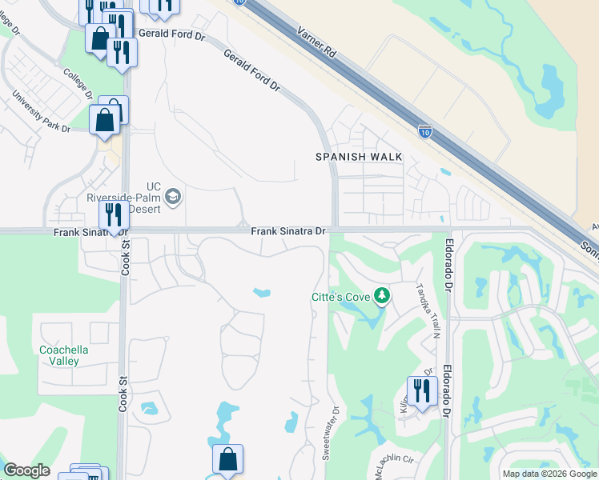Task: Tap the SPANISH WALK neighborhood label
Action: (x=358, y=157)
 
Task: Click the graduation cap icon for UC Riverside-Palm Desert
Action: (x=172, y=196)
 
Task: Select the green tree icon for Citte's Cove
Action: (x=382, y=297)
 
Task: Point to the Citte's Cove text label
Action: (x=340, y=298)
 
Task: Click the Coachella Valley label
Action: (x=64, y=355)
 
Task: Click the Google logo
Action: (x=26, y=470)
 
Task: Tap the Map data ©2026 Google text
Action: (x=550, y=474)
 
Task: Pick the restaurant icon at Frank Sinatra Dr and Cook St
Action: (x=113, y=215)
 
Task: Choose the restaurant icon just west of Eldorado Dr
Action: (x=420, y=391)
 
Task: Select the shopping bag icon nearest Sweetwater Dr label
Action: (x=227, y=460)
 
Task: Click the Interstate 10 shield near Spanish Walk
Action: (x=425, y=130)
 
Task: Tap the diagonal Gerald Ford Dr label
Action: (x=253, y=70)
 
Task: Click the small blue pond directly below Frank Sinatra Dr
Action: (x=262, y=293)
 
